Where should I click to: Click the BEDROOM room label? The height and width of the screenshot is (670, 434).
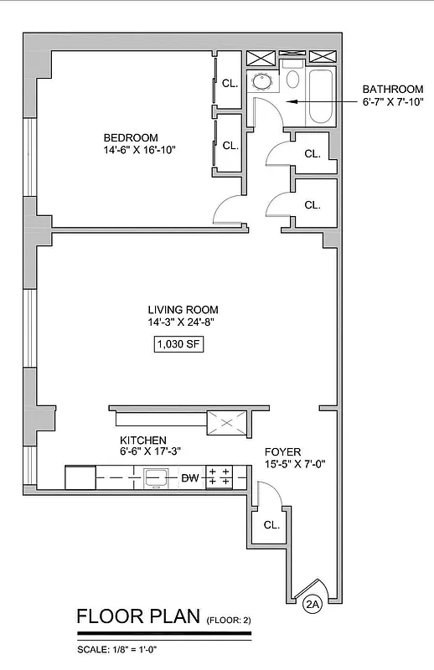point(130,137)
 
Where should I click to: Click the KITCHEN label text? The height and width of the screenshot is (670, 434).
point(142,440)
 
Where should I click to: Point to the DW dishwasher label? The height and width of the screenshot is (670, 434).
point(190,478)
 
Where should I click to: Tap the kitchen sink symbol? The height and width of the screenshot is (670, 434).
point(157,477)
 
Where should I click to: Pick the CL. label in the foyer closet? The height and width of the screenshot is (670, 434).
point(271,525)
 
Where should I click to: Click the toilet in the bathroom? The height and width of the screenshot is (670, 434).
point(292,79)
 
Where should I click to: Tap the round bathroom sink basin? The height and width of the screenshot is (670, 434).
point(261,82)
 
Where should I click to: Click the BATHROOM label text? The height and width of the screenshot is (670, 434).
point(392,90)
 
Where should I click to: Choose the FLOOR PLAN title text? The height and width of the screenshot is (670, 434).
point(137,617)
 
